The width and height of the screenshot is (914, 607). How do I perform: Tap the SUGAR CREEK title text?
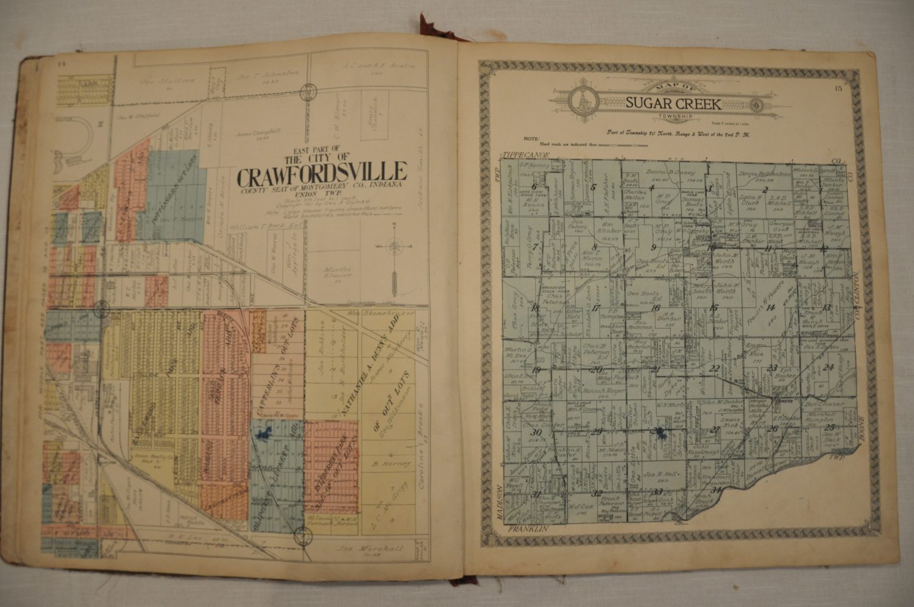click(x=673, y=103)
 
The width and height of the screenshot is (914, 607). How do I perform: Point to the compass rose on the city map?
click(x=394, y=247)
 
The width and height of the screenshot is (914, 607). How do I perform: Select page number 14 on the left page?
click(x=61, y=64)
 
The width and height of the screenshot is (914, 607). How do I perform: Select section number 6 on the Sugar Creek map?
click(x=534, y=186)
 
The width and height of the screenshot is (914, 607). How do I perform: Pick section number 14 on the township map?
click(x=771, y=308)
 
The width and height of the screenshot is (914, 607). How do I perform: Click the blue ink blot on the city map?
click(x=263, y=433)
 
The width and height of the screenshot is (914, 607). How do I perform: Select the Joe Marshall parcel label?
click(x=380, y=548)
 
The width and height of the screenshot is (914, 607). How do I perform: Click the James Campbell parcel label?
click(x=253, y=135)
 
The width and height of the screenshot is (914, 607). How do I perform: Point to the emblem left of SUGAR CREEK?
click(x=583, y=99)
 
